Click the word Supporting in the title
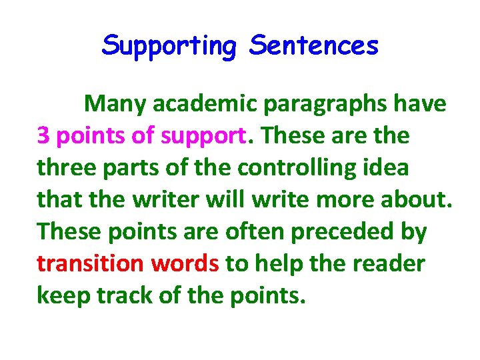click(x=169, y=46)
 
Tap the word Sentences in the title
click(x=314, y=46)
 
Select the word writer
click(x=173, y=199)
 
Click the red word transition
click(x=90, y=263)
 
